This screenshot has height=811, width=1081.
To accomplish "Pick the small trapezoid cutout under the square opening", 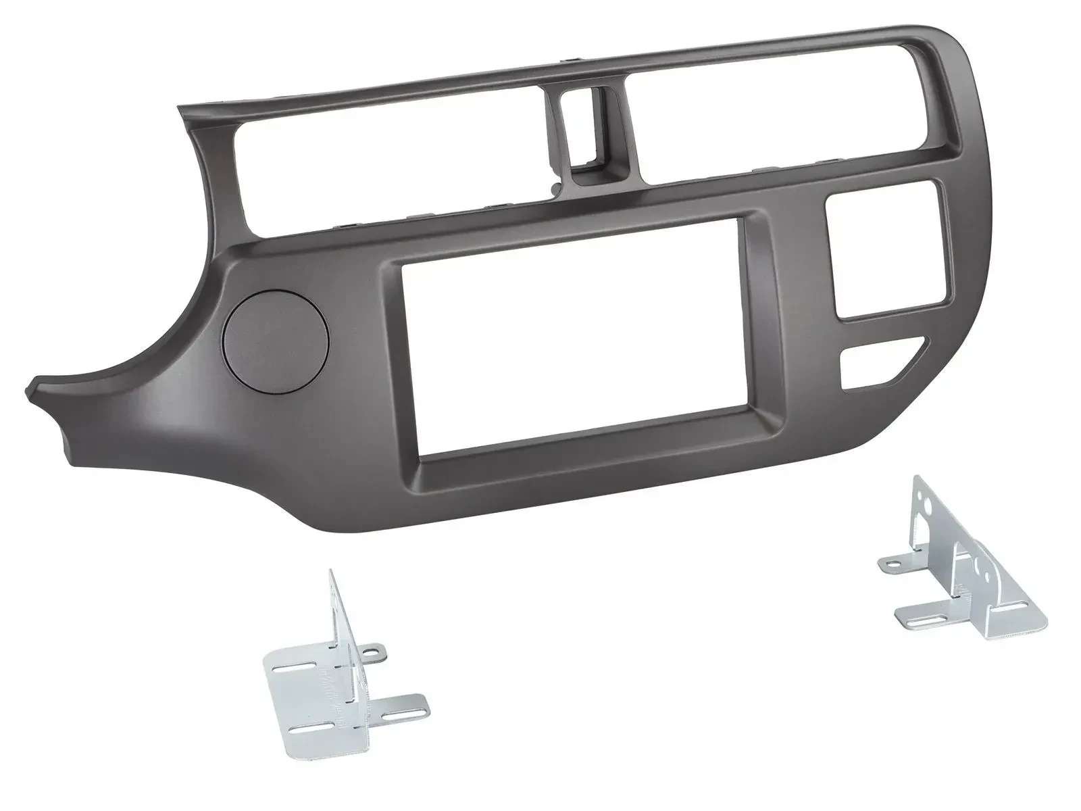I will [875, 364].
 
